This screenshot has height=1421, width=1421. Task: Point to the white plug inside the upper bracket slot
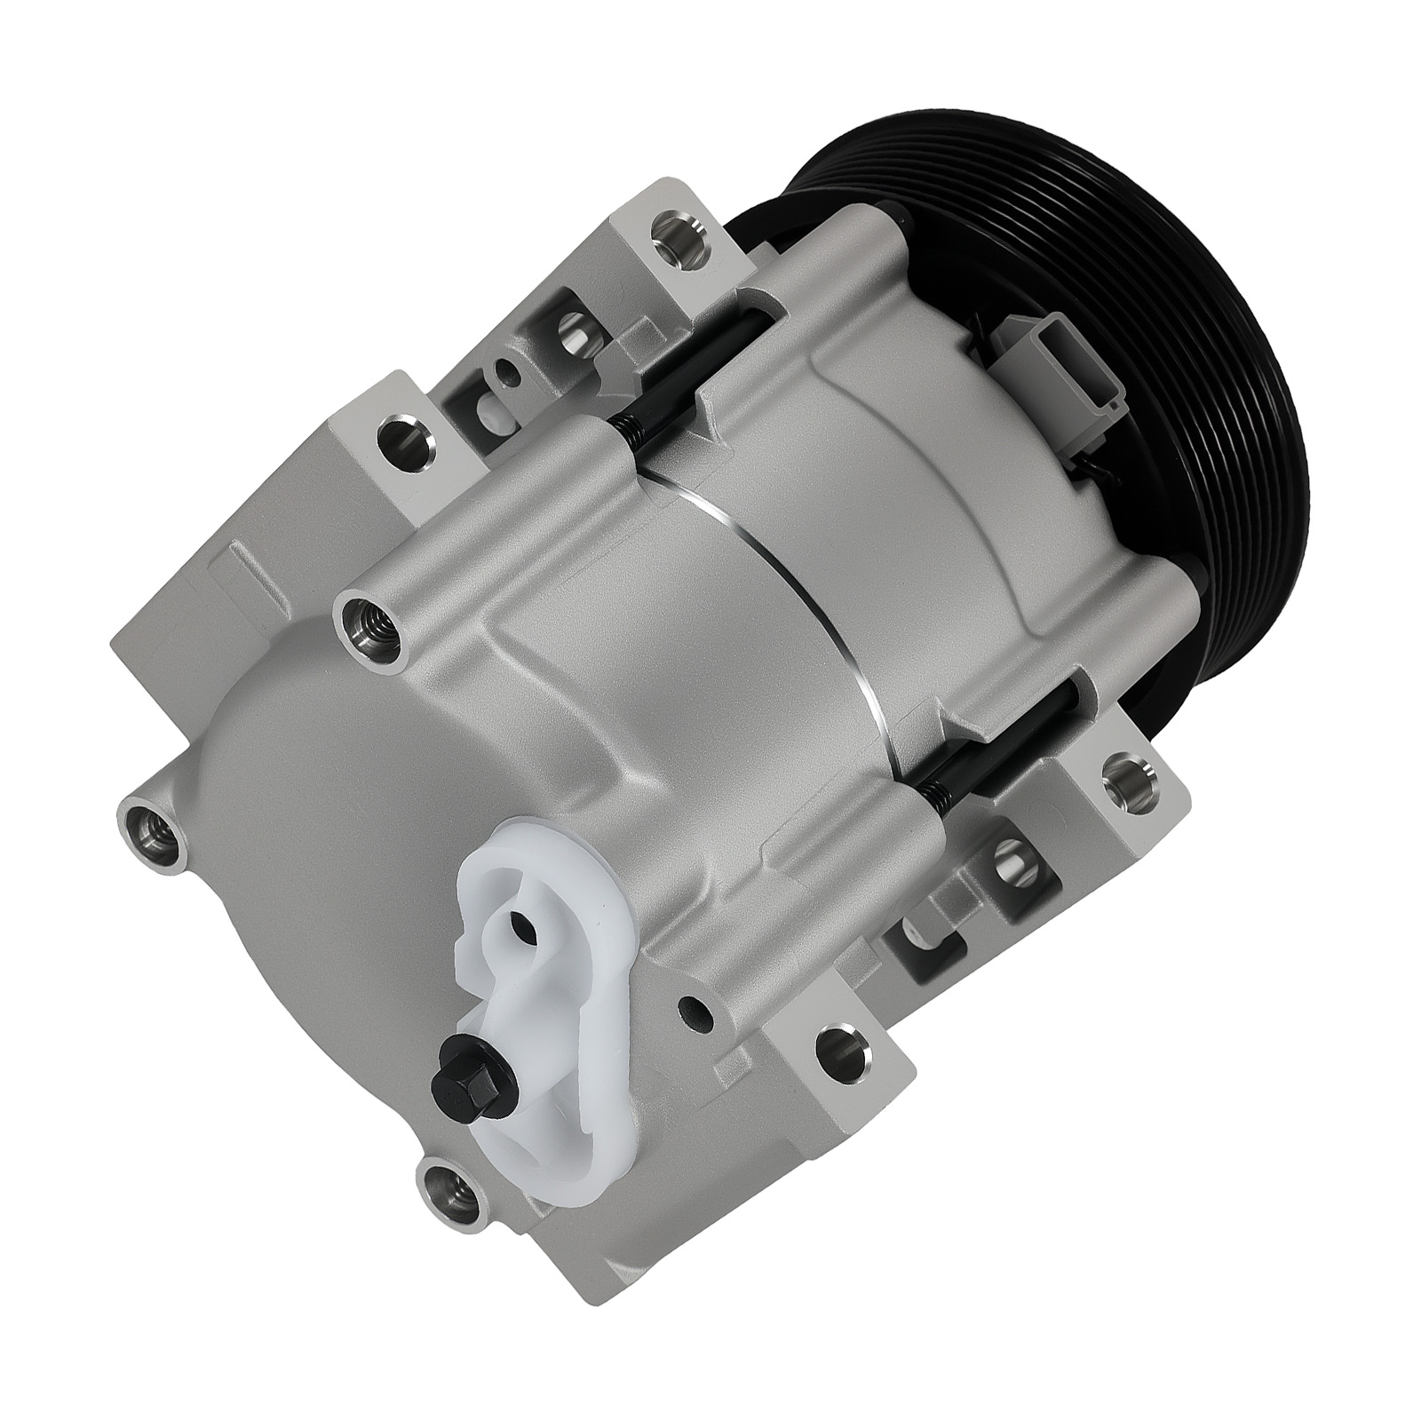click(x=493, y=409)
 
